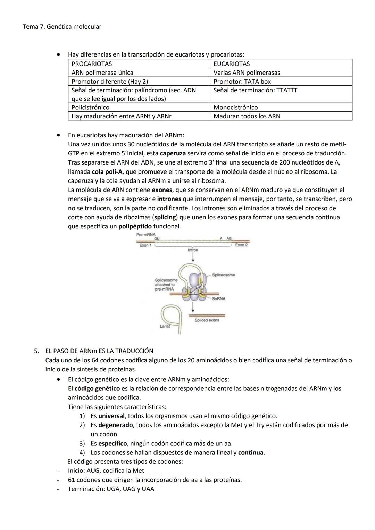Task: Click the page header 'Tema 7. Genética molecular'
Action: (x=62, y=27)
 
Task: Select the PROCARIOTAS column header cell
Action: (x=139, y=64)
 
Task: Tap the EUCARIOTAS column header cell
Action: (x=281, y=64)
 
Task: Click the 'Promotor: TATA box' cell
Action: (x=281, y=82)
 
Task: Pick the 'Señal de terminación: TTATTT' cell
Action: (x=281, y=94)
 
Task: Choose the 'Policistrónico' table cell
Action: (x=139, y=107)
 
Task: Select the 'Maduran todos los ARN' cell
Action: (x=281, y=116)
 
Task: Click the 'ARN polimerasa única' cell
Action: (x=139, y=73)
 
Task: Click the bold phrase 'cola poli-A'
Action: (x=108, y=172)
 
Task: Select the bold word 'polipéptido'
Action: (x=135, y=226)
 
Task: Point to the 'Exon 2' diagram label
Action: (x=241, y=245)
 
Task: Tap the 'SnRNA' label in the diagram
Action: (x=219, y=298)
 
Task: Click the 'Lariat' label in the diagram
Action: (x=165, y=326)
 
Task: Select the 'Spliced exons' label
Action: (x=207, y=320)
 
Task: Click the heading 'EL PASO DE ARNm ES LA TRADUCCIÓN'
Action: (x=99, y=351)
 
